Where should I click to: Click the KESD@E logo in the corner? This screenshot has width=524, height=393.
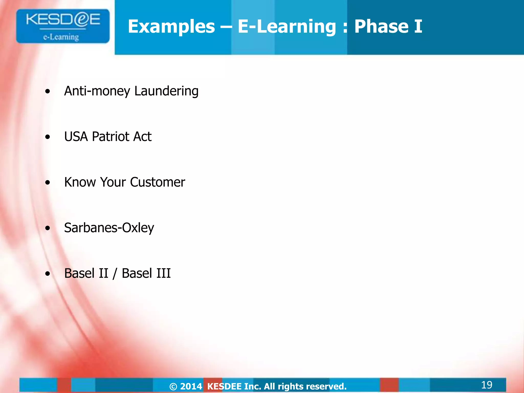(x=63, y=26)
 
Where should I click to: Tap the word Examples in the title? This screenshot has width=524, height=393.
(x=171, y=27)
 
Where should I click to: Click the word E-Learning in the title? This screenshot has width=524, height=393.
(x=287, y=27)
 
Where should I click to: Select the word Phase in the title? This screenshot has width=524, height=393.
(x=381, y=27)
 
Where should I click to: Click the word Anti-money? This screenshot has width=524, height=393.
(x=97, y=91)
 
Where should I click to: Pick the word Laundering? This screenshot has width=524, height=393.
(x=166, y=91)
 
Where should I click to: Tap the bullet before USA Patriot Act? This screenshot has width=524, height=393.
(x=48, y=137)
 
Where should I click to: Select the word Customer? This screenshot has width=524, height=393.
(x=157, y=182)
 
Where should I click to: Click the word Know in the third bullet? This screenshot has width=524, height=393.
(x=80, y=182)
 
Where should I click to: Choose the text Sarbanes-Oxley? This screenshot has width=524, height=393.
(x=109, y=228)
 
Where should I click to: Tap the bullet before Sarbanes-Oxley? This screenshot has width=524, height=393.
(x=48, y=228)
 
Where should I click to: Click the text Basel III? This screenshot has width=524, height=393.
(x=146, y=273)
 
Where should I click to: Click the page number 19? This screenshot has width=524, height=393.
(x=486, y=385)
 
